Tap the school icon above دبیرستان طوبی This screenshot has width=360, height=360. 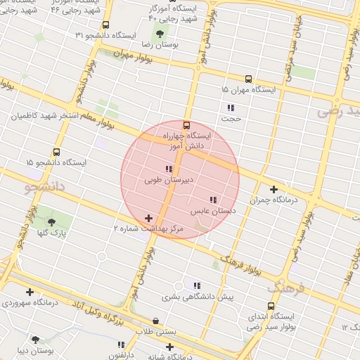pyautogui.click(x=168, y=169)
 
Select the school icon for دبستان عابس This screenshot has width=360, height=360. pyautogui.click(x=213, y=200)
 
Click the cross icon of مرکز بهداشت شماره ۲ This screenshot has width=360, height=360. pyautogui.click(x=148, y=219)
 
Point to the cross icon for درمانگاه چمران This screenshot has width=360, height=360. pyautogui.click(x=274, y=189)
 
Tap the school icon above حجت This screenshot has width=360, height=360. pyautogui.click(x=230, y=108)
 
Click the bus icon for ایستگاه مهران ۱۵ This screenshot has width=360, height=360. pyautogui.click(x=248, y=79)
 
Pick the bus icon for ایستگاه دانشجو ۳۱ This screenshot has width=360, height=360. pyautogui.click(x=105, y=25)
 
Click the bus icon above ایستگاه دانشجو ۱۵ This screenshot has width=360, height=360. pyautogui.click(x=56, y=152)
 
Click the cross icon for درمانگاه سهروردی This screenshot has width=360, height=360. pyautogui.click(x=30, y=292)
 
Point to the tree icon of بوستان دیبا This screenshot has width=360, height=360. pyautogui.click(x=35, y=340)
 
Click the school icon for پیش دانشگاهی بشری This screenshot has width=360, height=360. pyautogui.click(x=197, y=285)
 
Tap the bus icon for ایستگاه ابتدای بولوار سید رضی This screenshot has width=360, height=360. pyautogui.click(x=271, y=306)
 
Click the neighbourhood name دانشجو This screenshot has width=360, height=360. pyautogui.click(x=45, y=187)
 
